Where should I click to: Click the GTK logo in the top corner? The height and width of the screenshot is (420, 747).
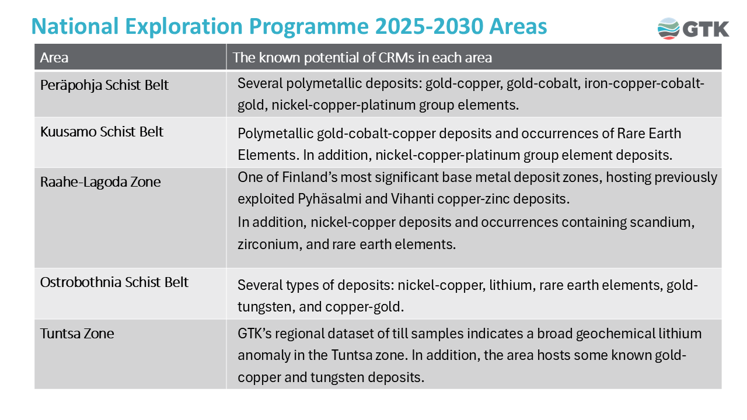(x=693, y=28)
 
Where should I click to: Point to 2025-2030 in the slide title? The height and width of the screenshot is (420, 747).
(x=429, y=27)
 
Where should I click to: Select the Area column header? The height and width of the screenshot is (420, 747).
(x=54, y=58)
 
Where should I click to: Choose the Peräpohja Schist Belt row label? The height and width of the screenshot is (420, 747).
(x=104, y=85)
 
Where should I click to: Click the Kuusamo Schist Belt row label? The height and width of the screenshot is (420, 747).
(x=102, y=132)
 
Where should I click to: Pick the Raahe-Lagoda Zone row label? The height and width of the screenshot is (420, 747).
(x=100, y=182)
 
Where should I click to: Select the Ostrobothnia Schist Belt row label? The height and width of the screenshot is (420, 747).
(x=114, y=282)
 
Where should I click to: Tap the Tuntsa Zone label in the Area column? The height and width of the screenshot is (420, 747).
(x=77, y=334)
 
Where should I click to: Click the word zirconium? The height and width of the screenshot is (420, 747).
(x=267, y=244)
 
